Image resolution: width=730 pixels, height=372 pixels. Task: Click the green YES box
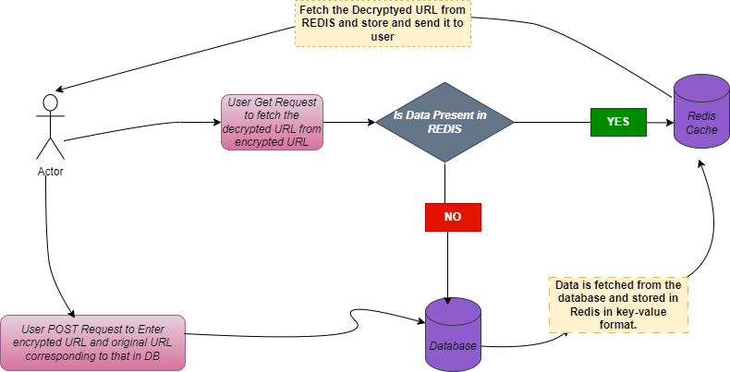617,122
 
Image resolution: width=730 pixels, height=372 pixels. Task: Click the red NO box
453,217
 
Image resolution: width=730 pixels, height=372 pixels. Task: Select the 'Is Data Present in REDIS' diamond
444,122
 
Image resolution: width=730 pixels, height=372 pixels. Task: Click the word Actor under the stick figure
50,172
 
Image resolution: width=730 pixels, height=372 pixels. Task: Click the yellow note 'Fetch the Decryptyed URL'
383,23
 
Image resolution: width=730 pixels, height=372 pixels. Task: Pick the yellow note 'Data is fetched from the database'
618,306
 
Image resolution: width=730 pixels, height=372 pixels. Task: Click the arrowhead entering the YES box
669,122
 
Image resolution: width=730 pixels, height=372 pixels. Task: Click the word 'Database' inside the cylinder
453,345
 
